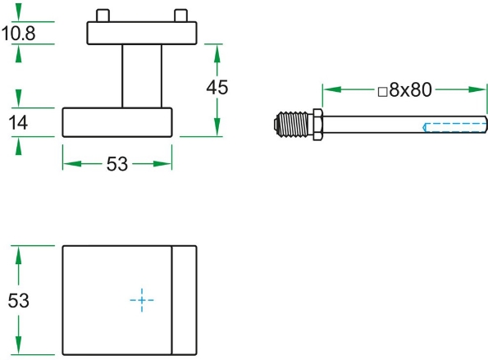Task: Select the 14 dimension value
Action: point(18,122)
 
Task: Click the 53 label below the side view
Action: point(117,164)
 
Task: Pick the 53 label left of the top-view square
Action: point(19,301)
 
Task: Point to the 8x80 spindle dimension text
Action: point(410,91)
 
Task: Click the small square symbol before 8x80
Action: point(382,93)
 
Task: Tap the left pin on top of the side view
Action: point(103,16)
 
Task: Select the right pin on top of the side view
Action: point(180,16)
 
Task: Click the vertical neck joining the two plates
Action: point(142,75)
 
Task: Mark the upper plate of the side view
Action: point(142,33)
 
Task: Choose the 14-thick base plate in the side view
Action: point(117,122)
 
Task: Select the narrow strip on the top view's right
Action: point(184,301)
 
